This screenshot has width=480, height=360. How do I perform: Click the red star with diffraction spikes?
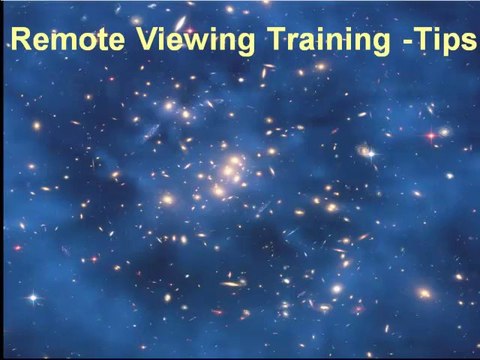click(433, 133)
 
